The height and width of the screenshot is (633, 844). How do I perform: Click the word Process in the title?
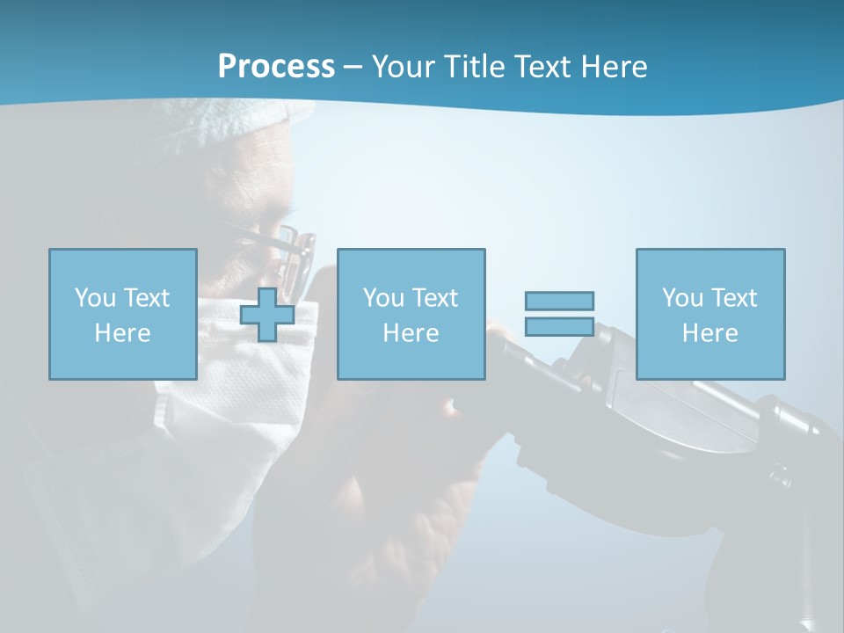(276, 66)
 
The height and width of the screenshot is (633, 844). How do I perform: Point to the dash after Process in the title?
(353, 67)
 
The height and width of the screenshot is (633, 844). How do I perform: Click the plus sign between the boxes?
(267, 314)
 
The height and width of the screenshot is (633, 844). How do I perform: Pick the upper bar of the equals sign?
(559, 301)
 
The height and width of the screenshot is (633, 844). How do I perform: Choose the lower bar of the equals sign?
(559, 326)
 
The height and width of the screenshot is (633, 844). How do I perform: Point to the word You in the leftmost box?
(96, 297)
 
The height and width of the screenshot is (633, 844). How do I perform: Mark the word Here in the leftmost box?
(122, 332)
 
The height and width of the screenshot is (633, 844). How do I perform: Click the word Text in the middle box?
(434, 297)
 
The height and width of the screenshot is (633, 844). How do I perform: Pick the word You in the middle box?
(384, 297)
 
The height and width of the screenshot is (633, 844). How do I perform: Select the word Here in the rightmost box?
(709, 332)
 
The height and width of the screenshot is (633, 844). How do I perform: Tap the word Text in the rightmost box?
(733, 297)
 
